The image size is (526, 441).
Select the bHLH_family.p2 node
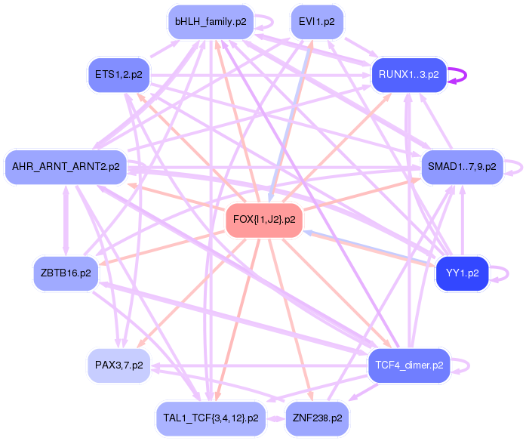pos(211,22)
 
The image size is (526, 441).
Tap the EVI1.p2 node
pos(317,22)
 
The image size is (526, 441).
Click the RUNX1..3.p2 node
pos(408,75)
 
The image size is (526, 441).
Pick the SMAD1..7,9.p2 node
pos(461,166)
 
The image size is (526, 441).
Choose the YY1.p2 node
pos(462,273)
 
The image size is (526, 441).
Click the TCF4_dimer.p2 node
pos(408,365)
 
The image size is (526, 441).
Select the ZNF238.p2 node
pos(317,417)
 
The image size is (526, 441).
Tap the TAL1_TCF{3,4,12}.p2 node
pos(211,417)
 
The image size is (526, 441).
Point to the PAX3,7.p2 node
pos(118,365)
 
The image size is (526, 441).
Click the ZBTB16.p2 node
pos(66,273)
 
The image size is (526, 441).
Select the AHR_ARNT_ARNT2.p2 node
pos(66,166)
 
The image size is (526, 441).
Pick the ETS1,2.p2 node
pos(118,75)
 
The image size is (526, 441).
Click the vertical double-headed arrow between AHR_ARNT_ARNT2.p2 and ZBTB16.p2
pos(66,219)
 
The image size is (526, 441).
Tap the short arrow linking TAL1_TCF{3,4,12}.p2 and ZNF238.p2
pos(275,417)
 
